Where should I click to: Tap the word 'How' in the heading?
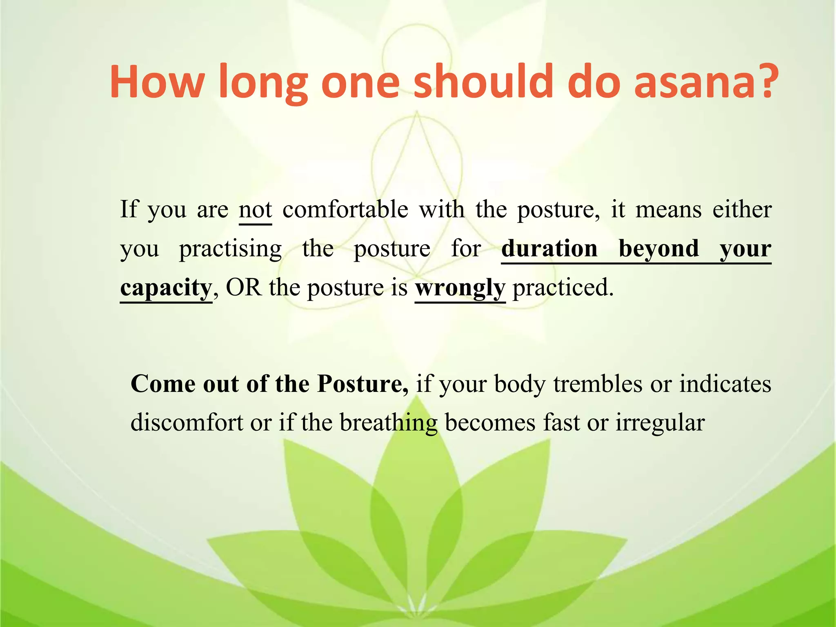157,82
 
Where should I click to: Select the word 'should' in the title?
483,82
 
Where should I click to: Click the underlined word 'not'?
255,210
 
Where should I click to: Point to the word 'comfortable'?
345,210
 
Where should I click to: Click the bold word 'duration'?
549,248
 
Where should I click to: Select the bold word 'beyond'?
658,248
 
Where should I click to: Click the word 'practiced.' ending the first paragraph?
563,287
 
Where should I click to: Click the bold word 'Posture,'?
362,384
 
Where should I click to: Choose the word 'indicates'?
725,384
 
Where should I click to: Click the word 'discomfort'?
187,422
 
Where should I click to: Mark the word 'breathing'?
388,423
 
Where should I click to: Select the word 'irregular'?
660,423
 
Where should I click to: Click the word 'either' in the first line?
742,210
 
